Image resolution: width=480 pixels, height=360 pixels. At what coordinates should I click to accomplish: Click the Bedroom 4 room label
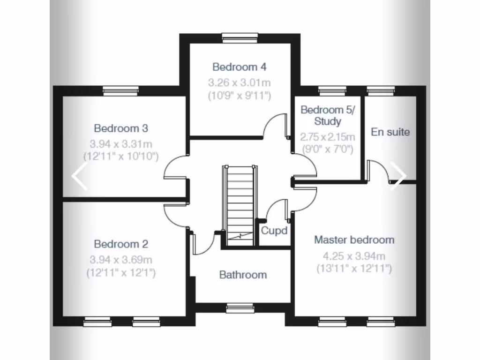click(x=240, y=67)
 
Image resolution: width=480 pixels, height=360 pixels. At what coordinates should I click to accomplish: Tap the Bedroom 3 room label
click(x=121, y=128)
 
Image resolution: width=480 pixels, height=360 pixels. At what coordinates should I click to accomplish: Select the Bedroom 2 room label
click(x=121, y=244)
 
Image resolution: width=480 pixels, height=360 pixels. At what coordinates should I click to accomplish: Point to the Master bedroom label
click(x=354, y=240)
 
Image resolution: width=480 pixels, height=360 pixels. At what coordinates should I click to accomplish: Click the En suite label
click(x=390, y=132)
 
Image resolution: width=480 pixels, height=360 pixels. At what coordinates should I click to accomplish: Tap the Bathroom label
click(x=243, y=275)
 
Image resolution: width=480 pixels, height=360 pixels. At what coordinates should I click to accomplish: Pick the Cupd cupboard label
click(x=274, y=231)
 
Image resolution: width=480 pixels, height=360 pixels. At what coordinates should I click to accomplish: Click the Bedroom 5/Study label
click(x=328, y=115)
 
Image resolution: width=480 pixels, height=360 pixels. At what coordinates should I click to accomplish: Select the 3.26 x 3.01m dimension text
click(x=240, y=83)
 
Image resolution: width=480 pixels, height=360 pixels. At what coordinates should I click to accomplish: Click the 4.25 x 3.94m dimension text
click(x=354, y=256)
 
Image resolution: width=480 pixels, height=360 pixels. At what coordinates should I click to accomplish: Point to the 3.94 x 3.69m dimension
click(x=121, y=260)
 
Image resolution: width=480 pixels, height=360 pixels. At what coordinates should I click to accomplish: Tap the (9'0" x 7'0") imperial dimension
click(x=328, y=150)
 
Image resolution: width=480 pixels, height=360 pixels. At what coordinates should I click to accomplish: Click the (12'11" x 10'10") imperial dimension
click(x=121, y=156)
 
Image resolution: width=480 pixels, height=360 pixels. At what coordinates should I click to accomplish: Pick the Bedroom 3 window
click(x=120, y=90)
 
